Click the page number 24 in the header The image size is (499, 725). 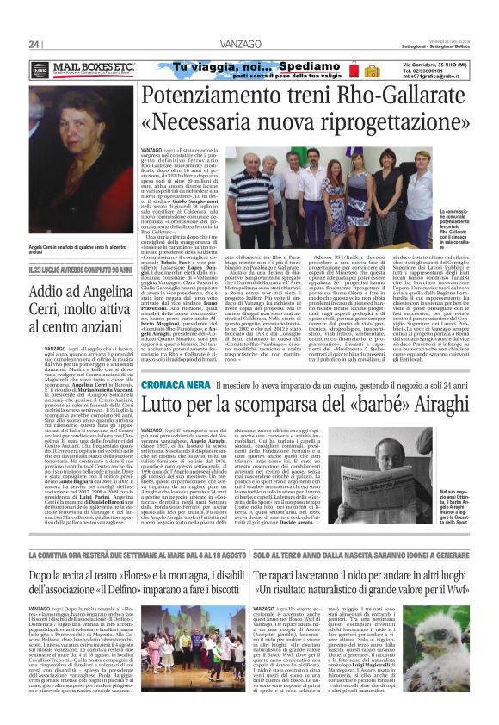34,45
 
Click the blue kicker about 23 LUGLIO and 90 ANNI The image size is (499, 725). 77,294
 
